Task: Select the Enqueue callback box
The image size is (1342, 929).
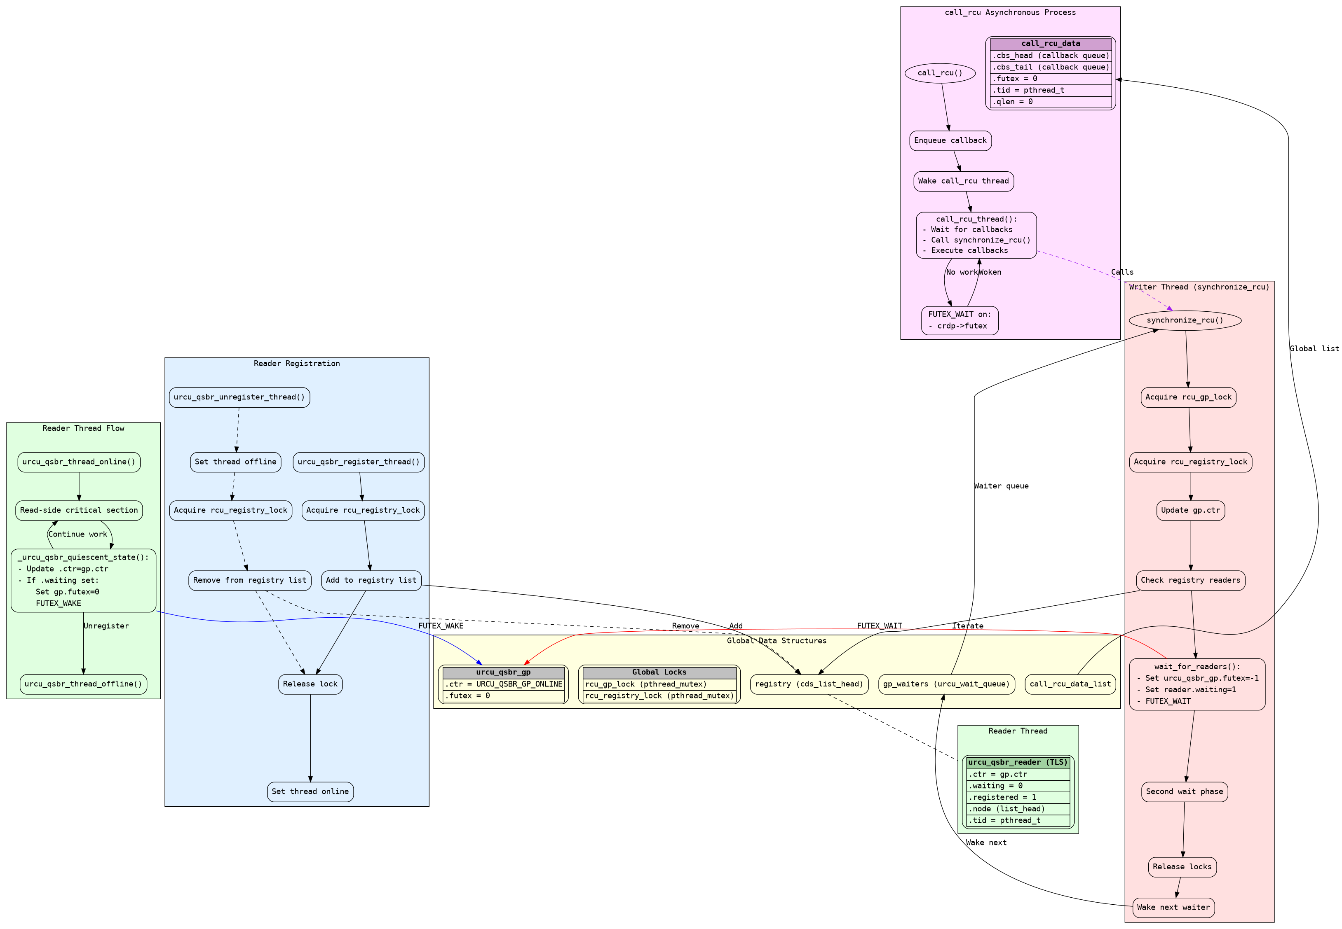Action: [x=950, y=140]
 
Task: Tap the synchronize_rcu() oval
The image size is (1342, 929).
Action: [x=1185, y=320]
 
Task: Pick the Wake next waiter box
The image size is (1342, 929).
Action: [x=1173, y=907]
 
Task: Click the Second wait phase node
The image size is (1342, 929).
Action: [x=1184, y=791]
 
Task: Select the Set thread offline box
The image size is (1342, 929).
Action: [x=235, y=462]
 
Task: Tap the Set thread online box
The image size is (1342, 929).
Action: [x=310, y=791]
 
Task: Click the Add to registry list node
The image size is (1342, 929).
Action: [x=371, y=580]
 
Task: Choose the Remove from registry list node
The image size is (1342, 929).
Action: [x=249, y=580]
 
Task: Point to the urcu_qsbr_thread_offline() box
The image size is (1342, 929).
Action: [x=83, y=684]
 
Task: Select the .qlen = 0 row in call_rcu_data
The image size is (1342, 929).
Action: [x=1050, y=102]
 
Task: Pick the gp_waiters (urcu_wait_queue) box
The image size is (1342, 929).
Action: [x=946, y=684]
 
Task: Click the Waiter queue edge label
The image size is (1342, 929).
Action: [x=1001, y=486]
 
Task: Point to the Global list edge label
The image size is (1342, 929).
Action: [x=1314, y=349]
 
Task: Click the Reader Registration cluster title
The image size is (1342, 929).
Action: [x=296, y=364]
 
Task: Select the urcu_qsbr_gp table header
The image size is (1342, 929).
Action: [x=503, y=672]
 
